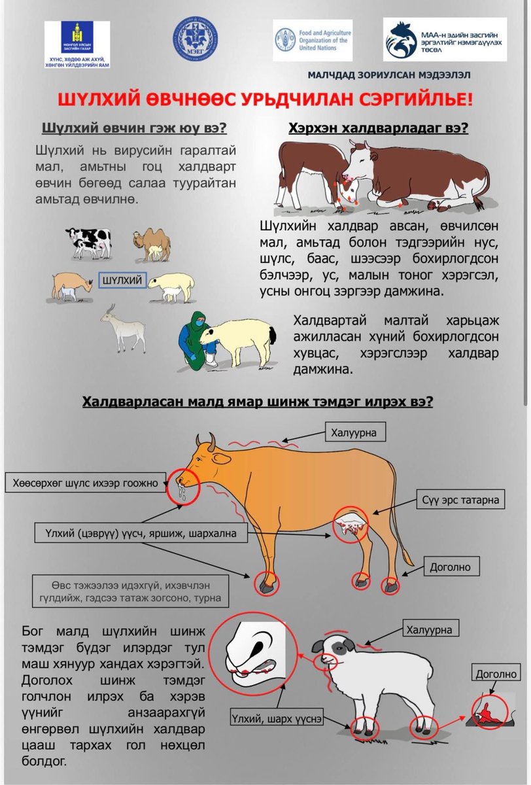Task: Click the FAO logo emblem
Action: [x=286, y=41]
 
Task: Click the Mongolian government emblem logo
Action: [x=77, y=37]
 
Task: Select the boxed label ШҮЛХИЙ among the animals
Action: [x=122, y=280]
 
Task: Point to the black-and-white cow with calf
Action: [x=90, y=243]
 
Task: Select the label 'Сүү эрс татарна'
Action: [x=460, y=499]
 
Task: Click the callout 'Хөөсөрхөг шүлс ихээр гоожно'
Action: [x=86, y=483]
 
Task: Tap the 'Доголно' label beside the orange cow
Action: [x=450, y=567]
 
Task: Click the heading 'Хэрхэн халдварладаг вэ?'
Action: [x=378, y=129]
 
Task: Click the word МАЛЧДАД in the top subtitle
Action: [x=332, y=75]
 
